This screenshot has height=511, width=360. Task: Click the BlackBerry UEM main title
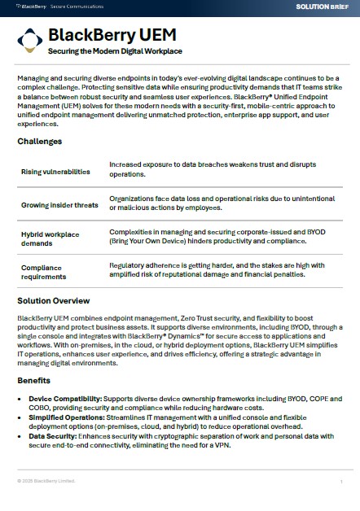point(112,35)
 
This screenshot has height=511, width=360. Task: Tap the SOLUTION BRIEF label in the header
point(323,6)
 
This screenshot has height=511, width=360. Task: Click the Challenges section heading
point(39,141)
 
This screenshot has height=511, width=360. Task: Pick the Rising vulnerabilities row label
point(55,172)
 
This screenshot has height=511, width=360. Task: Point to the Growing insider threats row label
point(59,205)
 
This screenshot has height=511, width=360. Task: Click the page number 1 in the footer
point(340,482)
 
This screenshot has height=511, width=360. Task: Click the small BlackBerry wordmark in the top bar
point(31,6)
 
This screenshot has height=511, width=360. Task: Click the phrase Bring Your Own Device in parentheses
point(155,242)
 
